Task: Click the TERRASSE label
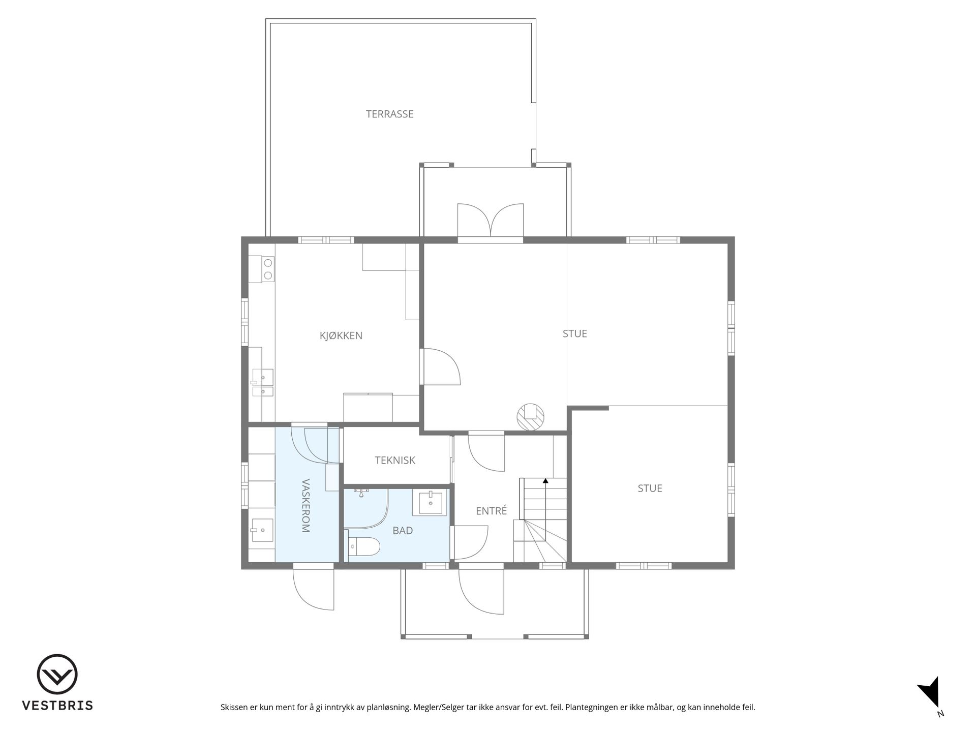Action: coord(389,114)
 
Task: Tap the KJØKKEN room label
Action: coord(341,335)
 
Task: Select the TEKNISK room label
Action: coord(395,460)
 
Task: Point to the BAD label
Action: coord(403,530)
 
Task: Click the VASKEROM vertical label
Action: coord(306,505)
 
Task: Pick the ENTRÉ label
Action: coord(491,511)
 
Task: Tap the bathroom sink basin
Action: coord(430,503)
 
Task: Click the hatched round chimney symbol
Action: coord(530,417)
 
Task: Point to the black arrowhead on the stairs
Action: coord(545,480)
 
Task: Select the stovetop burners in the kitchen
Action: coord(268,269)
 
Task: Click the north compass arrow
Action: coord(930,692)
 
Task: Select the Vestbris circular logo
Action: coord(57,675)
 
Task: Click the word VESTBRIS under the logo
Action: coord(57,706)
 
